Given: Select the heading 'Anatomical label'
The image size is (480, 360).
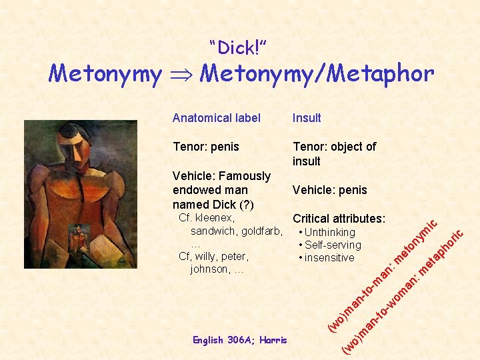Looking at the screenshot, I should coord(216,118).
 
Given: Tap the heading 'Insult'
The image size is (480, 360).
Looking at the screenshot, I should coord(307,118).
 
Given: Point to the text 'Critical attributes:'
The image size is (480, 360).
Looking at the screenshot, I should coord(339,219).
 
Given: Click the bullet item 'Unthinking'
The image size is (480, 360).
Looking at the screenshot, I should coord(330,232).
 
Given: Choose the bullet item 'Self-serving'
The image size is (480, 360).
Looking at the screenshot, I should coord(333,245).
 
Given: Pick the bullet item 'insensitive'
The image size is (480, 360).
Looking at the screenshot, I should coord(329,257).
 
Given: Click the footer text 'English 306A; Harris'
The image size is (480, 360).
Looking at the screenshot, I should coord(239,340).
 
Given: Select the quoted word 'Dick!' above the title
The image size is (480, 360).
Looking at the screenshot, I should coord(238,48).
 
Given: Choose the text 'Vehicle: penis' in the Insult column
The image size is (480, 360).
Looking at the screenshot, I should coord(329,190).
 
